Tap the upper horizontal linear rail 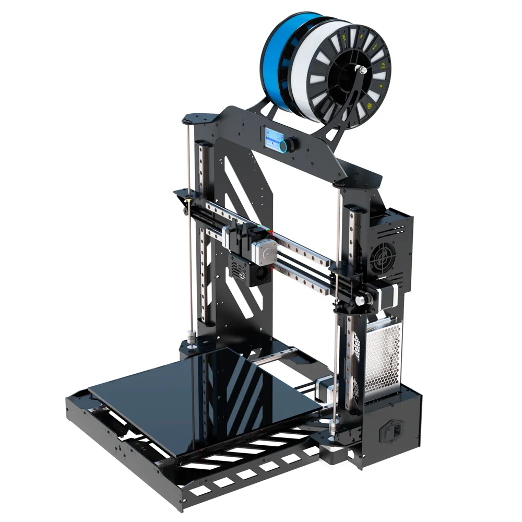pyautogui.click(x=271, y=230)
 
